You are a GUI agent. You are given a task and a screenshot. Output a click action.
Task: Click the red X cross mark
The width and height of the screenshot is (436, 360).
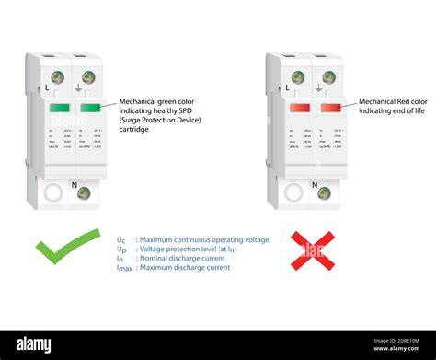312,250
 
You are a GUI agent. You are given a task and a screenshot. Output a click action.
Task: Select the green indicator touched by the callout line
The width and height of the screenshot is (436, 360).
90,108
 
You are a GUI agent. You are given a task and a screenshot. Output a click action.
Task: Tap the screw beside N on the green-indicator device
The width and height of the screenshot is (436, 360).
83,193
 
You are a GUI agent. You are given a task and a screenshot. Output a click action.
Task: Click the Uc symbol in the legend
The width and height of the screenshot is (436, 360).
121,240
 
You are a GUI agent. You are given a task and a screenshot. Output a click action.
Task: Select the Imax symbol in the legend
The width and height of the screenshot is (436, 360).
123,269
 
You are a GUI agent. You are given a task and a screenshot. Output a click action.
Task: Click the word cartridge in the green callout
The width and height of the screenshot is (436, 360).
134,130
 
